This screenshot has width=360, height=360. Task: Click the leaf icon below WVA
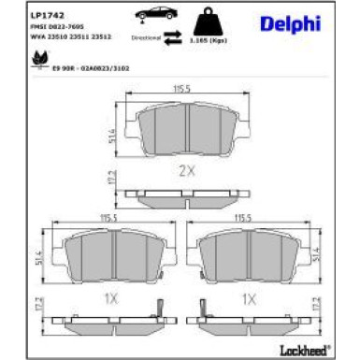coord(40,58)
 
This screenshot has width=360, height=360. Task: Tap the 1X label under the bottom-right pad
coord(250,299)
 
